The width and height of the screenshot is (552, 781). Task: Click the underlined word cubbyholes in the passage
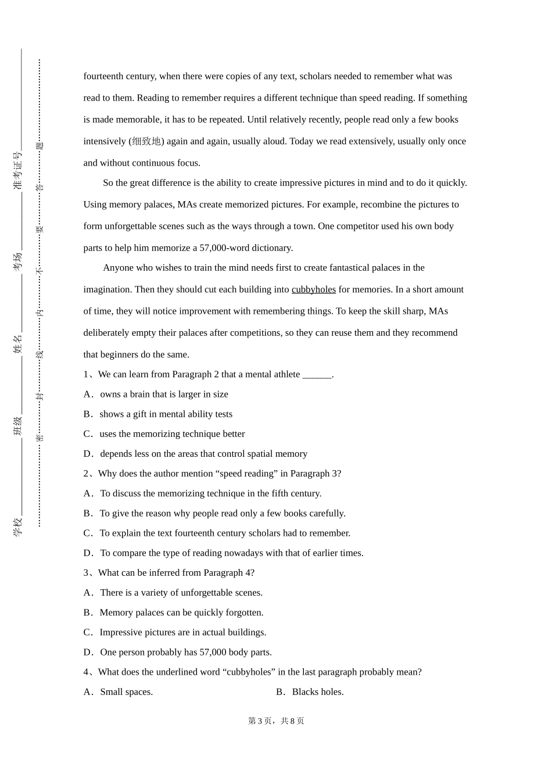[x=313, y=289]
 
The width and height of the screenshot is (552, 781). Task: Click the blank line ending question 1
[x=317, y=375]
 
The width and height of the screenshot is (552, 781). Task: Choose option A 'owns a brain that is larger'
[x=164, y=395]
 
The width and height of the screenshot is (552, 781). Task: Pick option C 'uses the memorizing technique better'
[x=172, y=434]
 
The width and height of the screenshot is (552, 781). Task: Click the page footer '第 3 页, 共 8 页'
[x=276, y=721]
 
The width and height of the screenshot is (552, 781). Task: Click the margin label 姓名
[x=18, y=343]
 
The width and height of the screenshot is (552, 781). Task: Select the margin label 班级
[x=18, y=425]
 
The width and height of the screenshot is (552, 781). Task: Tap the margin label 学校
[x=18, y=526]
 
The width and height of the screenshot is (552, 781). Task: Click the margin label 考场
[x=18, y=261]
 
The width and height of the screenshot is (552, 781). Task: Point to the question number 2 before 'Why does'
[x=86, y=474]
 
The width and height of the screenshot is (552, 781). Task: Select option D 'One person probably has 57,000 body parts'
[x=185, y=653]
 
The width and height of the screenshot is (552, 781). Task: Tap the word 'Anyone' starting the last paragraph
[x=118, y=268]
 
